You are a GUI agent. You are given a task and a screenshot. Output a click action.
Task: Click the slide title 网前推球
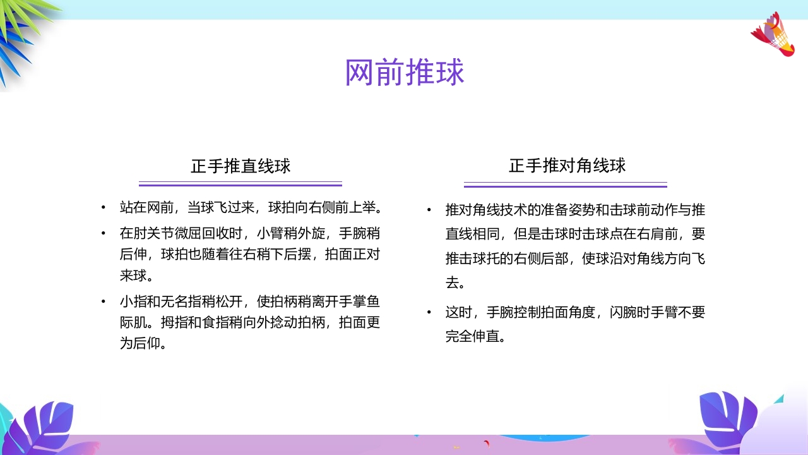click(x=404, y=73)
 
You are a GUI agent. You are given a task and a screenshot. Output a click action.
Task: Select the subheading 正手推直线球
click(x=241, y=166)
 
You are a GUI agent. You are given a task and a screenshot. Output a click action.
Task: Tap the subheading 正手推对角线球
click(x=567, y=166)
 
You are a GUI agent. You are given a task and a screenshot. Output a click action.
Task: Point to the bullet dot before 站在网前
click(x=103, y=208)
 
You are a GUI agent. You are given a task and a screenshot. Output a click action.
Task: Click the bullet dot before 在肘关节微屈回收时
click(x=103, y=233)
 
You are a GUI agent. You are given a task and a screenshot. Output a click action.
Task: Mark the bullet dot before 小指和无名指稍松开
click(x=103, y=301)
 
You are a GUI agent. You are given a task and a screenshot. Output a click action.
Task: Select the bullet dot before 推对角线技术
click(x=429, y=210)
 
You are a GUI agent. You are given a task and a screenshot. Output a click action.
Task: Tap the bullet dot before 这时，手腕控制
click(x=429, y=313)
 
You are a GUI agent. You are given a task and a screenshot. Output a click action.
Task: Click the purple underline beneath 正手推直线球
click(x=241, y=184)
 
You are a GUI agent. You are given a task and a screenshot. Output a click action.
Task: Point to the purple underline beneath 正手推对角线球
click(x=566, y=185)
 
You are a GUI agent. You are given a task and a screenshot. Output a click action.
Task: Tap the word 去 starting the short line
click(x=453, y=282)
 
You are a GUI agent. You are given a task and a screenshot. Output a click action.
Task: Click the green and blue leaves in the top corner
click(x=25, y=32)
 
